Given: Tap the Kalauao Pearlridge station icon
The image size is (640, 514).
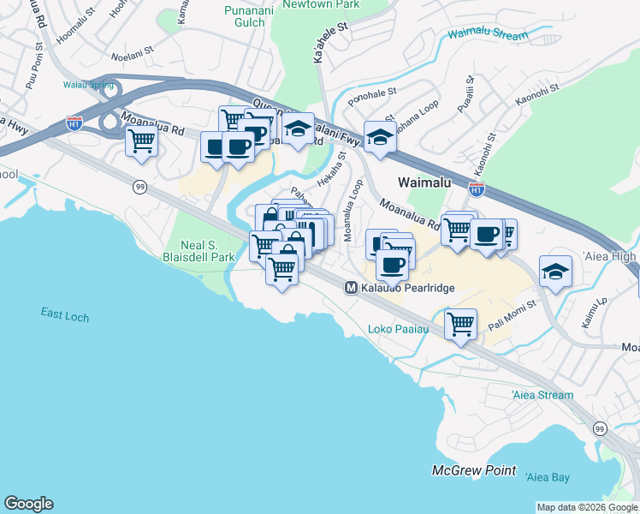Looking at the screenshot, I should pos(351,289).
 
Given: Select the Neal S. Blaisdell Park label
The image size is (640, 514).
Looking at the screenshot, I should pos(199,249).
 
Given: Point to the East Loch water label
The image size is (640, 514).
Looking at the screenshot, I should pos(64,315).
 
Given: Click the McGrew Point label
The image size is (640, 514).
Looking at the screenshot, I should pos(473,470).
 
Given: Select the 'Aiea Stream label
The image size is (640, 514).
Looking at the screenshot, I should pos(542,395).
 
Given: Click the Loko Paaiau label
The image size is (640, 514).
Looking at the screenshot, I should pos(392,329).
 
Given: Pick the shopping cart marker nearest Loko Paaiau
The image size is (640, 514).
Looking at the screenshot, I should pos(460,325).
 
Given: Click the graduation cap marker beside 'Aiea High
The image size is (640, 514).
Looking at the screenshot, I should pos(556,272).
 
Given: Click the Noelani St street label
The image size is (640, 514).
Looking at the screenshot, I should pos(131,57).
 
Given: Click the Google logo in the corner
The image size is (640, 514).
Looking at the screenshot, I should pos(28,504).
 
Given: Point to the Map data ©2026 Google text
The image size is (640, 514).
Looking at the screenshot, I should pos(587,507).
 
